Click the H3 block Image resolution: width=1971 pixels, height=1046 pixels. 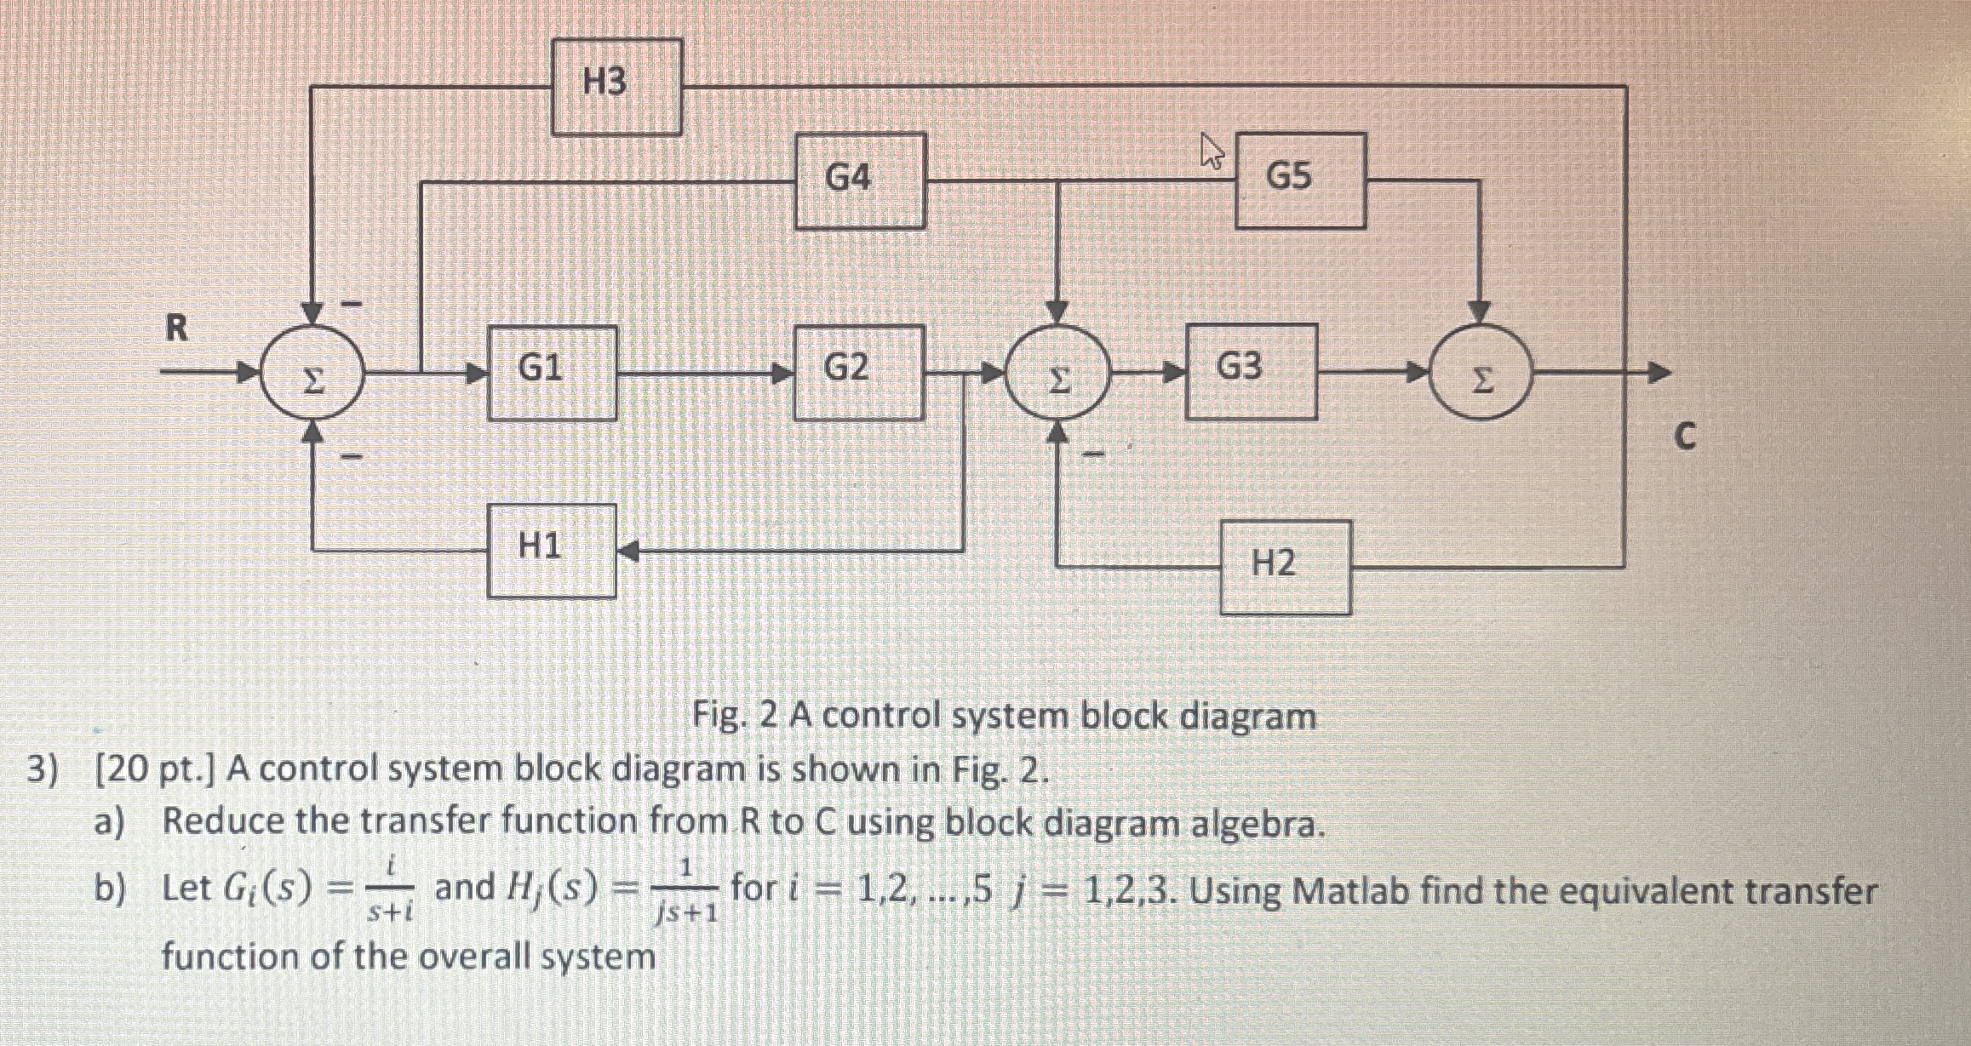click(616, 87)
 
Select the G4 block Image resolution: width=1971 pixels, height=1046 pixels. click(860, 180)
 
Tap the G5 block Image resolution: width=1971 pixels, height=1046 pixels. click(1300, 180)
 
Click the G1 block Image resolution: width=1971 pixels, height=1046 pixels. click(552, 373)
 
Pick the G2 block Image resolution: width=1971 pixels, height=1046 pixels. click(858, 373)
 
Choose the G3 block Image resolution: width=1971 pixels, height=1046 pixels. click(1251, 372)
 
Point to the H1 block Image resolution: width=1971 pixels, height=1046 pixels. click(552, 551)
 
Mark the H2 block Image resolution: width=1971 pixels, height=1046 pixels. click(1285, 567)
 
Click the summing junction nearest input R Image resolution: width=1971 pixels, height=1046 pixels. click(313, 375)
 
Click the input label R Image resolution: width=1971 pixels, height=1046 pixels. click(175, 328)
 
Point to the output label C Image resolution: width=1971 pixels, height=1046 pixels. click(1684, 437)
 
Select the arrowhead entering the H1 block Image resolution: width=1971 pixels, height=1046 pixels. click(627, 552)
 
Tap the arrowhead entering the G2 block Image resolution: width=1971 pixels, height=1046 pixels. click(782, 373)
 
